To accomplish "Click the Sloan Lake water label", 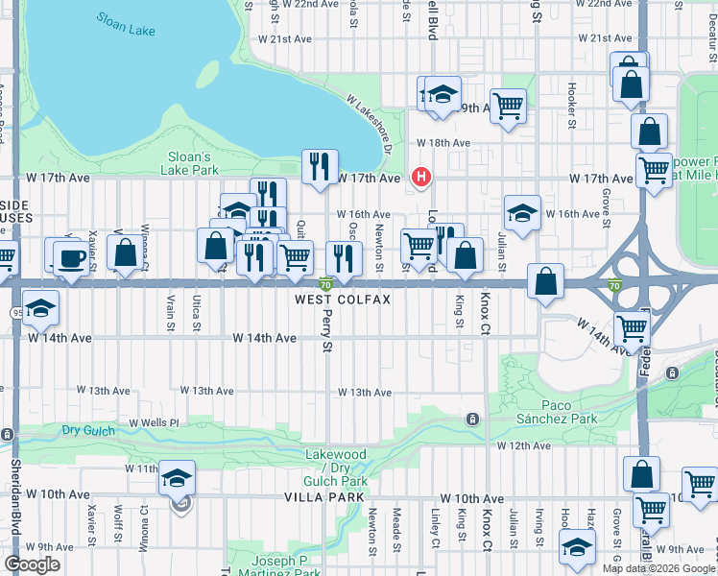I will (x=126, y=24).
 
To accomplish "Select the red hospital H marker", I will (x=419, y=177).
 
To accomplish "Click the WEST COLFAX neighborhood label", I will (x=343, y=300).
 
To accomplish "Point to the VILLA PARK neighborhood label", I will (x=323, y=497).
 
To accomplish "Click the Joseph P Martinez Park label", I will (x=286, y=566).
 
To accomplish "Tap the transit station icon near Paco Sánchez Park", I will (x=472, y=420).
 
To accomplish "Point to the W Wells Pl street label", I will (x=154, y=422).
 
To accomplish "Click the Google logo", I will (x=32, y=565).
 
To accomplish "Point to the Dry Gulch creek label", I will (x=88, y=430).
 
